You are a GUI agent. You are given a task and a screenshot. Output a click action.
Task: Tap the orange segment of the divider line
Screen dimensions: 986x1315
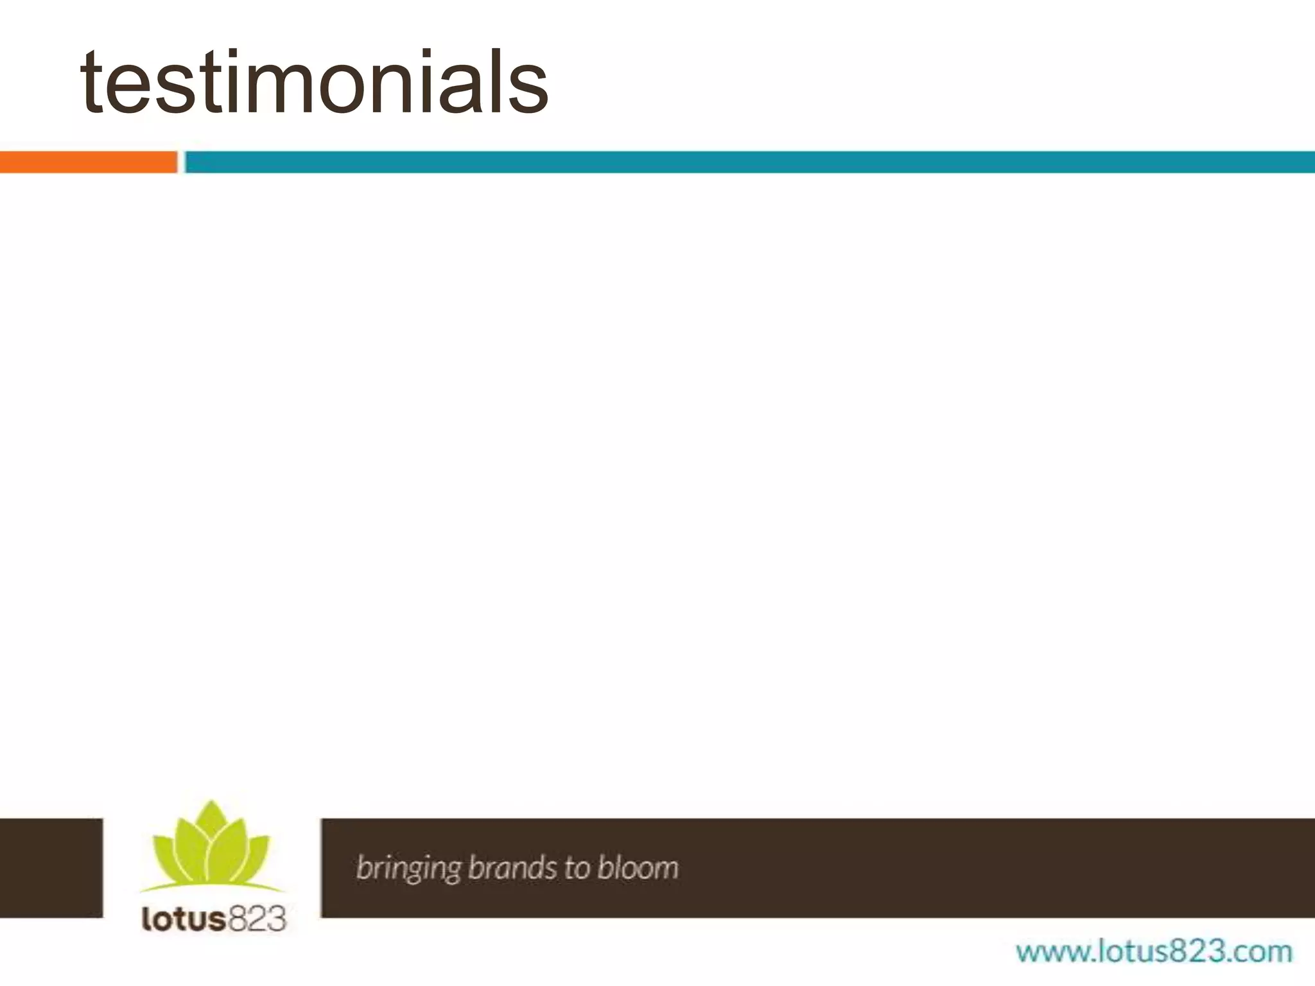coord(88,162)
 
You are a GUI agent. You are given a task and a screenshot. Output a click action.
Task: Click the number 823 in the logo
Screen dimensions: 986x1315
coord(256,919)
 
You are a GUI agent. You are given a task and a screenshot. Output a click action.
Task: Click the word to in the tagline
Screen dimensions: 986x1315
coord(576,868)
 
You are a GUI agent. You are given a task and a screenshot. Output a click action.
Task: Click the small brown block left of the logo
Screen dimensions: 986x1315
coord(51,867)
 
